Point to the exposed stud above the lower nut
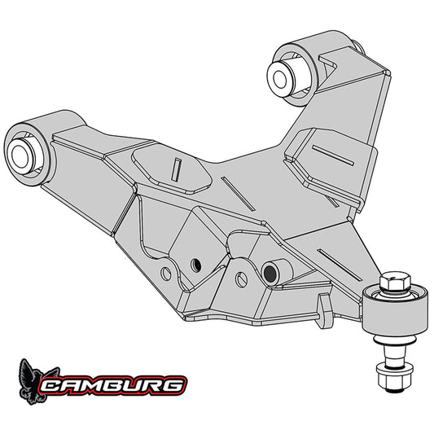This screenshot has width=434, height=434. click(390, 357)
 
